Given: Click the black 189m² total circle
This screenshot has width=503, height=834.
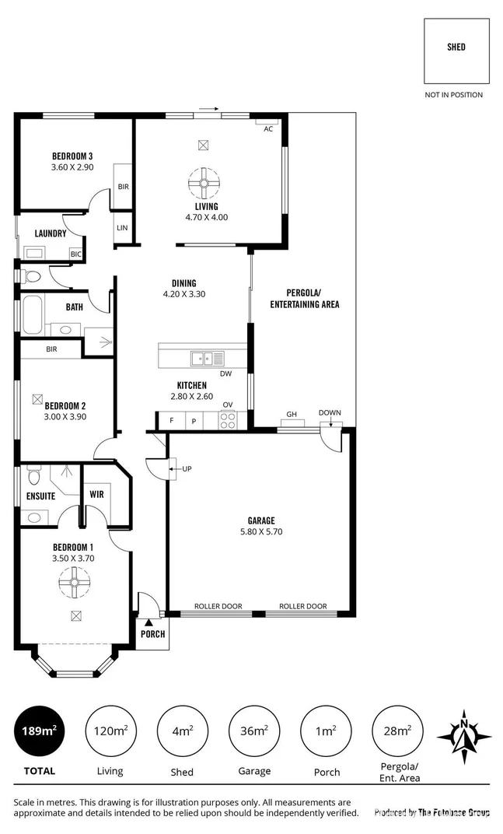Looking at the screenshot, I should click(39, 731).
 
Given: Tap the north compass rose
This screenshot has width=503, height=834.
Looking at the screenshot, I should click(464, 734).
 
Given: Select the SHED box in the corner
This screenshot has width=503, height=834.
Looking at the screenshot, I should click(456, 48).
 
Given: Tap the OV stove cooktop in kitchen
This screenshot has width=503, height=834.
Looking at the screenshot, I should click(228, 421).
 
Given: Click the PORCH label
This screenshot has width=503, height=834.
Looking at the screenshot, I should click(152, 633).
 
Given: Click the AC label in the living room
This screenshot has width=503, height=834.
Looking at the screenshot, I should click(268, 129).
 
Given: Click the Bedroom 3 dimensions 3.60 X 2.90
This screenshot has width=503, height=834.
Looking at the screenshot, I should click(72, 166).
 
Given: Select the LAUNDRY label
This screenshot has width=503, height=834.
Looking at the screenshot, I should click(51, 233).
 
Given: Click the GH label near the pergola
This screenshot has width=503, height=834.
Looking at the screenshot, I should click(292, 414).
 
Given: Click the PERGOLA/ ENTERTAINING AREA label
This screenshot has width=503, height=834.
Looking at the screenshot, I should click(304, 299).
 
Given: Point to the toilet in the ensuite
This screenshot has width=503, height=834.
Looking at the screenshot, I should click(33, 474).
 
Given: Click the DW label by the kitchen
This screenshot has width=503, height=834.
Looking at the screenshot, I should click(225, 373).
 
